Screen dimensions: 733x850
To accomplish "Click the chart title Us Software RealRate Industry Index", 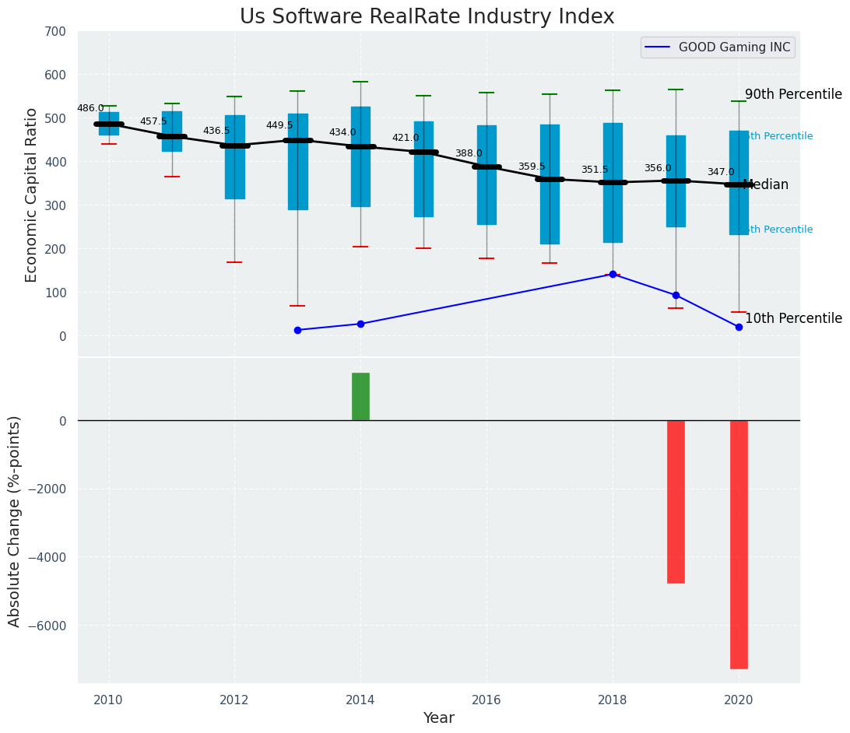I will pos(427,17).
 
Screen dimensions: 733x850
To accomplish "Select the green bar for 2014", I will pos(360,397).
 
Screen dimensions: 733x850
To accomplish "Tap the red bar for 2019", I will pos(676,501).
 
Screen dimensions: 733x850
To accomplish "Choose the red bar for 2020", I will pos(739,544).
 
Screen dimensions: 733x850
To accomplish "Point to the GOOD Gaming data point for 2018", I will pos(613,274).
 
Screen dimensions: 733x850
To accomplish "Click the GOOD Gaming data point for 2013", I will pos(297,330).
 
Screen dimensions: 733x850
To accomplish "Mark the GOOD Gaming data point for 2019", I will pos(676,295).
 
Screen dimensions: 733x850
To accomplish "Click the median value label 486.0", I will pos(90,108).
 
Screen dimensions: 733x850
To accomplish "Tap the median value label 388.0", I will pos(469,153).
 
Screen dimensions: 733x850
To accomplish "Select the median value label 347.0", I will pos(721,172).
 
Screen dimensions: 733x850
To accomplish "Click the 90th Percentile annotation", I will pos(793,95).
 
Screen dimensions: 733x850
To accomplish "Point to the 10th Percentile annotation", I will pos(793,319).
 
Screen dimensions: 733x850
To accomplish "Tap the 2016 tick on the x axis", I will pos(486,700).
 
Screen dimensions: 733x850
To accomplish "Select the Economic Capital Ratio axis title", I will pos(32,195).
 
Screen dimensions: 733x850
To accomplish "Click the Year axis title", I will pos(438,718).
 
